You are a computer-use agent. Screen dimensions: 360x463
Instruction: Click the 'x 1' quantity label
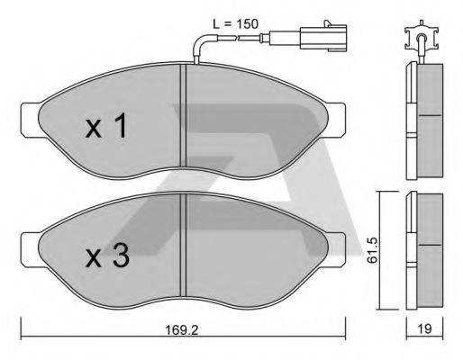(x=106, y=128)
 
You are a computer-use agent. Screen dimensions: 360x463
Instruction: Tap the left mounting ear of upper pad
(x=30, y=114)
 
